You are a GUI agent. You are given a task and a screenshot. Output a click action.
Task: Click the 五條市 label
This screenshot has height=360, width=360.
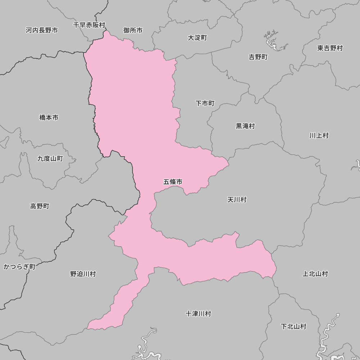173,182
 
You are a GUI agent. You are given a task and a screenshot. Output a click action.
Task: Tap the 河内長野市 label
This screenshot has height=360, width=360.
42,30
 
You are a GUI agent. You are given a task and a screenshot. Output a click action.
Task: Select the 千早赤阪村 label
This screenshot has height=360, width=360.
89,25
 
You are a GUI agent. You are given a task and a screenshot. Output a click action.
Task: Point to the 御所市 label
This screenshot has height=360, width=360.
133,30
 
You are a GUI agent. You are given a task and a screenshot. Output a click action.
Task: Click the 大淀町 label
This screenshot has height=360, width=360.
197,37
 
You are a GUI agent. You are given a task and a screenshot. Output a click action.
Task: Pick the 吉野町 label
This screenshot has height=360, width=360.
258,57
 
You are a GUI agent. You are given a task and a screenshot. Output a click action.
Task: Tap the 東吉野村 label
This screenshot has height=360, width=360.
330,48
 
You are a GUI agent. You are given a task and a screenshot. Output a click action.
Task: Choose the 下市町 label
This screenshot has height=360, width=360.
205,103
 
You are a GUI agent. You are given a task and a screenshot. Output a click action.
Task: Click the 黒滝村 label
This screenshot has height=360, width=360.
245,126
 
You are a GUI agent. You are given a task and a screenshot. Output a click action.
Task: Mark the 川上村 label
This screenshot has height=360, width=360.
319,135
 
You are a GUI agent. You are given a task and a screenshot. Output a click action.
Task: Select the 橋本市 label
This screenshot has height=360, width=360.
49,117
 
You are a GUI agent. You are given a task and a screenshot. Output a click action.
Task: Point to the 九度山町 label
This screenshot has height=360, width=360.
50,158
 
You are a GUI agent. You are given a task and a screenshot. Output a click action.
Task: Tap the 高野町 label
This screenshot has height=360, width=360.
40,206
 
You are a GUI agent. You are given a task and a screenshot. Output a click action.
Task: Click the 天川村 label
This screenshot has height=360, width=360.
237,199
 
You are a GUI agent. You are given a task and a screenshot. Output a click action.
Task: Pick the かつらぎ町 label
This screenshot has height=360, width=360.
19,267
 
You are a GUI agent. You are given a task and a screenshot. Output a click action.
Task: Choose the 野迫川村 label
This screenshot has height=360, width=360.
83,274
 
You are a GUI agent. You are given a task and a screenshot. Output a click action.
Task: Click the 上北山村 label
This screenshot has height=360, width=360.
315,274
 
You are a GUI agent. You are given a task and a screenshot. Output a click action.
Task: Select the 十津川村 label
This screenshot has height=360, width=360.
198,314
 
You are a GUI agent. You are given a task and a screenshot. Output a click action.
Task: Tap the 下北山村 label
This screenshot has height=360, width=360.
293,327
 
